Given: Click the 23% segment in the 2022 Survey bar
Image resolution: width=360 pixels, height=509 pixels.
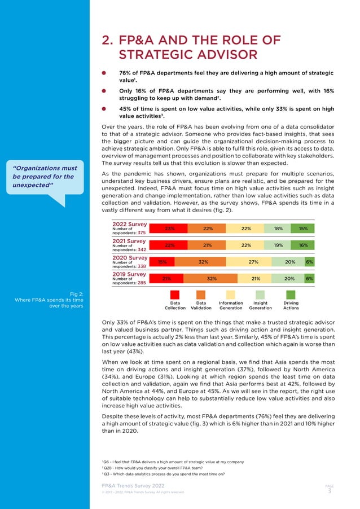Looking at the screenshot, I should (x=169, y=229).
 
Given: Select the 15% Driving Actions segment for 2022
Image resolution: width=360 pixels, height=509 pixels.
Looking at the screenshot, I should (x=303, y=229).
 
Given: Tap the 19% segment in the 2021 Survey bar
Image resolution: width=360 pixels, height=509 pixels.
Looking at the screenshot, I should (x=278, y=245).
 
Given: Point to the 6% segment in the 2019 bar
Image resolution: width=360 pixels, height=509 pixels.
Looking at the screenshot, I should (x=309, y=278).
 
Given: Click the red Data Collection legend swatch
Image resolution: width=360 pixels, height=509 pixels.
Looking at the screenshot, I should (x=175, y=295).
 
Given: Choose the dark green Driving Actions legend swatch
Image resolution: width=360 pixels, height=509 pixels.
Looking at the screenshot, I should (x=291, y=295).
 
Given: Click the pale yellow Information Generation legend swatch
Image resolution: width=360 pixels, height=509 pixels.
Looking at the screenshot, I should (x=231, y=295).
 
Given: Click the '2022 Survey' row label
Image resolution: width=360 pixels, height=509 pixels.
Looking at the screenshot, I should (x=130, y=223).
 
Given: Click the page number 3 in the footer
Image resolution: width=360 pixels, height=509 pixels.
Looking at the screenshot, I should (x=330, y=490).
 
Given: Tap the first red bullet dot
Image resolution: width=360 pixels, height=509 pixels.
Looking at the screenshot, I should (x=104, y=73).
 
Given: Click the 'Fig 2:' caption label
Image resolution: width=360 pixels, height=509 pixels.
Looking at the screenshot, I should (x=76, y=293).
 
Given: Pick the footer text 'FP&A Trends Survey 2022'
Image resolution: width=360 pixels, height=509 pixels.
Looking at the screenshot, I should (x=133, y=485).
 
